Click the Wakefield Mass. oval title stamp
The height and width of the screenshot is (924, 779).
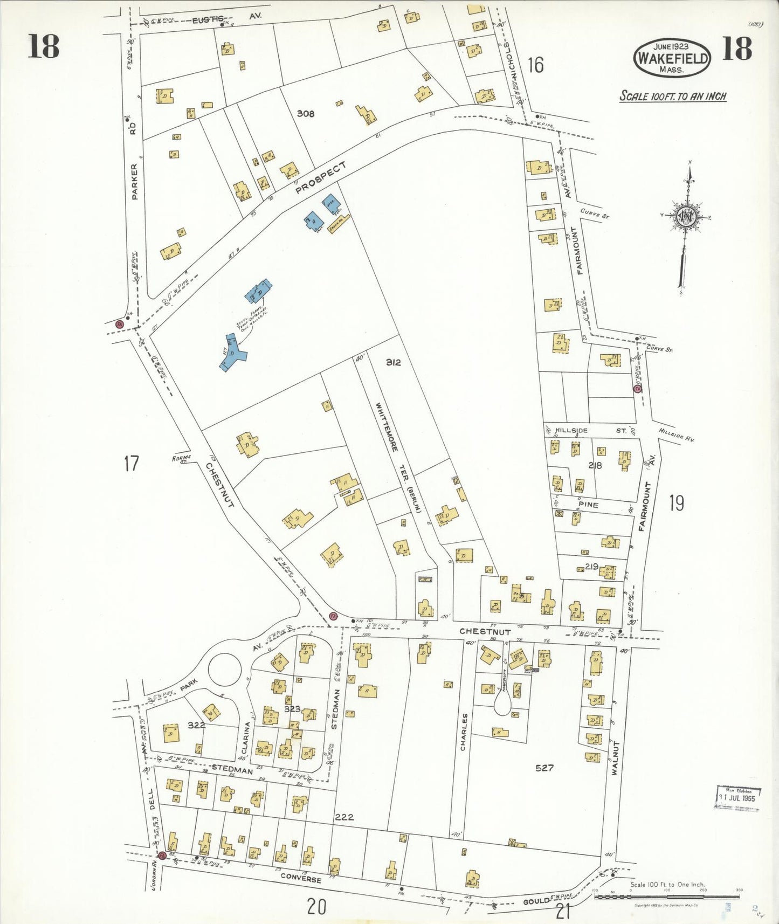[672, 58]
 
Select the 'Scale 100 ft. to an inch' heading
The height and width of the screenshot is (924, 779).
[672, 96]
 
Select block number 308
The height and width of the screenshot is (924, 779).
[305, 114]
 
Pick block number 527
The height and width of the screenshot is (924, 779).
[544, 768]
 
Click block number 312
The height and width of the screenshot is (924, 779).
[393, 362]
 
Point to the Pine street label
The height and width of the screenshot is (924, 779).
[588, 505]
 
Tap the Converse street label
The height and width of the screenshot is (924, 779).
[301, 878]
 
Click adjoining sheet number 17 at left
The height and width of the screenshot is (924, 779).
[131, 463]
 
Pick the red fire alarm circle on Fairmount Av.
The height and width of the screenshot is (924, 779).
[638, 389]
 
